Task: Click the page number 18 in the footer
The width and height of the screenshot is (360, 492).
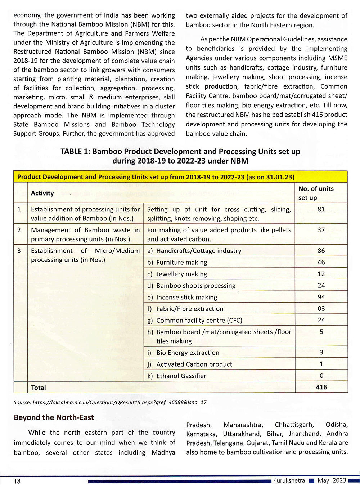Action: point(17,481)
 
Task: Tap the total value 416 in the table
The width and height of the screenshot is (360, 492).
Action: point(321,387)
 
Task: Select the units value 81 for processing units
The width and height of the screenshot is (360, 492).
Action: point(321,209)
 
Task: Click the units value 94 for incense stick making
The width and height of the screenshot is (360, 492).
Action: point(321,297)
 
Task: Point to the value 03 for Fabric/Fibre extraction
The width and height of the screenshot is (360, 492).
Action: point(321,308)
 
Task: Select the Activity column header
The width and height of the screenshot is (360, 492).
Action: point(42,193)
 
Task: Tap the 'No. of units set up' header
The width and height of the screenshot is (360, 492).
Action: point(316,193)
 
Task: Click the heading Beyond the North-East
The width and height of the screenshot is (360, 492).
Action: point(54,417)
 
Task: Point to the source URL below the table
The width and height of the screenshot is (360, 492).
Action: point(110,402)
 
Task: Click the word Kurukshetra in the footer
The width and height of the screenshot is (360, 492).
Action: point(289,480)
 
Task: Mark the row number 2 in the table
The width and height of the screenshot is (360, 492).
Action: point(19,230)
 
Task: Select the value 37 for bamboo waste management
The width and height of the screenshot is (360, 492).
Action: point(321,230)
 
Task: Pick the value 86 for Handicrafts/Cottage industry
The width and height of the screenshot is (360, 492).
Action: point(321,251)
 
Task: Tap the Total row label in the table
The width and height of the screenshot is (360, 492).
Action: point(39,388)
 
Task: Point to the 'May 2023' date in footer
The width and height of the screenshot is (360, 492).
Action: point(332,480)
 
